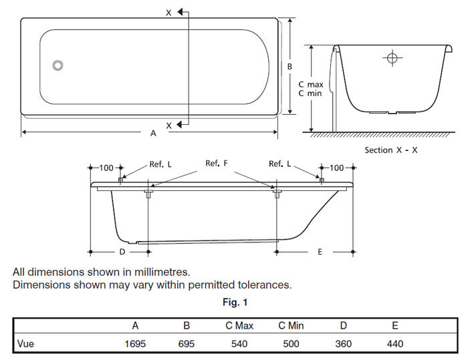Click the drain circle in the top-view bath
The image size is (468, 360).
click(x=58, y=65)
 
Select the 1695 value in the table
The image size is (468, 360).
click(x=135, y=344)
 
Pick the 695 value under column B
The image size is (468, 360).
click(x=187, y=344)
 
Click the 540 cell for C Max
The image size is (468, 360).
click(x=238, y=344)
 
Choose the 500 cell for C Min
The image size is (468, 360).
click(x=291, y=344)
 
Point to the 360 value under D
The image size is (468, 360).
click(x=343, y=344)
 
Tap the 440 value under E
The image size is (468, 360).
click(x=394, y=344)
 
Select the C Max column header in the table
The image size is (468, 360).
click(x=238, y=326)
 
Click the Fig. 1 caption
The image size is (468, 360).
click(x=235, y=303)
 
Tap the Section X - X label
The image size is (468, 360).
click(x=391, y=150)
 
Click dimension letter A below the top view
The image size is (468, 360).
click(x=153, y=133)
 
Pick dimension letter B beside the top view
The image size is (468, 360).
click(x=289, y=66)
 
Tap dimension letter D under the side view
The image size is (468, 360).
click(x=122, y=252)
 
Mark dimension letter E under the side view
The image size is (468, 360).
click(x=320, y=252)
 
